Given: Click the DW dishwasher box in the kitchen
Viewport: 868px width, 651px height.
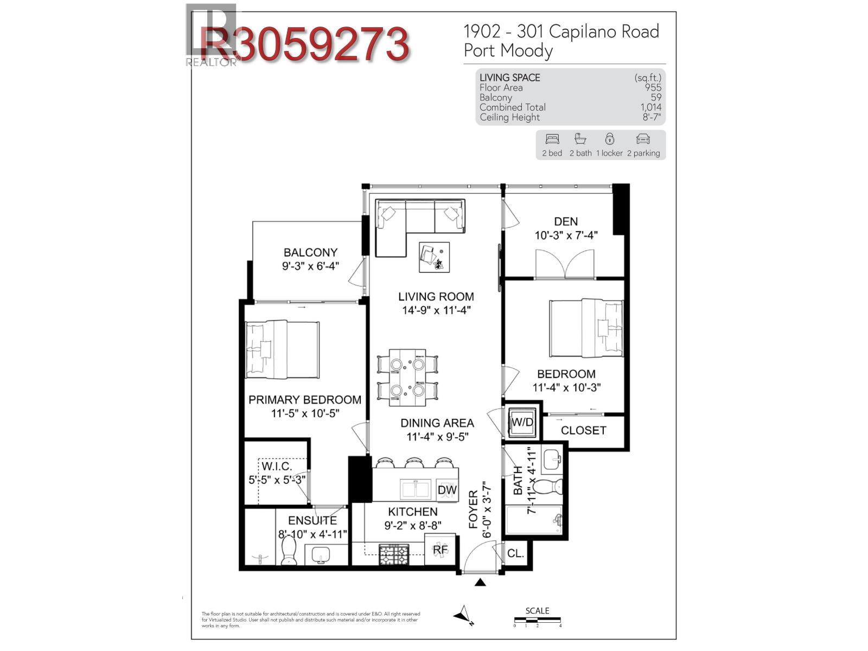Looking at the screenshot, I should (x=447, y=490).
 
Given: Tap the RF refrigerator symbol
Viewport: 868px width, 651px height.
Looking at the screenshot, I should (x=440, y=550).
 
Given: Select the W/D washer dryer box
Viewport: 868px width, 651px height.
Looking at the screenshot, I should (x=522, y=422).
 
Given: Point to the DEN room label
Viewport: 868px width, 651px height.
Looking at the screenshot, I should (x=566, y=221).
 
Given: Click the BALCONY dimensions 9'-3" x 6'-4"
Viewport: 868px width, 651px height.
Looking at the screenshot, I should (x=310, y=266).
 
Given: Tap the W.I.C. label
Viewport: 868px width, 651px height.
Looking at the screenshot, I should (x=277, y=466).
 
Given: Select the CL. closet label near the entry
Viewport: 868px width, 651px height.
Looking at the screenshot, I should (x=515, y=553).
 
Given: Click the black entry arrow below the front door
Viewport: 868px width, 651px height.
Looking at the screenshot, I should (x=480, y=583).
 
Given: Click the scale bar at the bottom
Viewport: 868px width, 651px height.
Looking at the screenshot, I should (x=537, y=620).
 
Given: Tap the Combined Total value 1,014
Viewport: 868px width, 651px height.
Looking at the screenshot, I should (x=650, y=107).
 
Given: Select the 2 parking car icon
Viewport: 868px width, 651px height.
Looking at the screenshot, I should (x=643, y=139).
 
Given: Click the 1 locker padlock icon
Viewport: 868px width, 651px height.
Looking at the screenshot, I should (x=610, y=139).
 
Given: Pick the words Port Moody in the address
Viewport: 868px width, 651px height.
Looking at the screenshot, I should (x=508, y=50).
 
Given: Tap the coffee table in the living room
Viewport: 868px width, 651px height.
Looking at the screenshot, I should (x=434, y=257).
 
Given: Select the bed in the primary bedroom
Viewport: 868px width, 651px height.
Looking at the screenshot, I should (x=282, y=349).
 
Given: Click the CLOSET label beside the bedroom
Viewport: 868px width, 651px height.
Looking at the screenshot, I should (x=583, y=430).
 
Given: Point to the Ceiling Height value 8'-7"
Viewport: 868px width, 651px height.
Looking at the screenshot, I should (x=652, y=117).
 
